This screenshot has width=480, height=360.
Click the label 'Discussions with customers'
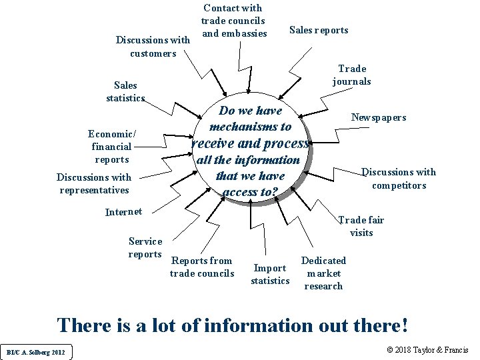(153, 46)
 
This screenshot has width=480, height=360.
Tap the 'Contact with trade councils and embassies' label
(233, 21)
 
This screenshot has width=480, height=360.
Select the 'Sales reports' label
(318, 30)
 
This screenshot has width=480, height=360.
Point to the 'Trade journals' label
(352, 75)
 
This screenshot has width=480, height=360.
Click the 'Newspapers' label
(379, 117)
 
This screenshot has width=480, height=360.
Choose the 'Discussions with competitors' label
(399, 179)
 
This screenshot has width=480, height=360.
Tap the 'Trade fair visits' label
(361, 226)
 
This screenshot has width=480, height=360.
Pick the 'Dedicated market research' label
(323, 273)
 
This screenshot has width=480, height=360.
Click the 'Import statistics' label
(270, 274)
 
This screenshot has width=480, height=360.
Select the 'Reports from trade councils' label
(202, 267)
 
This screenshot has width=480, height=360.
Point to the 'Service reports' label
(145, 247)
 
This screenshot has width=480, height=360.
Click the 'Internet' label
(124, 212)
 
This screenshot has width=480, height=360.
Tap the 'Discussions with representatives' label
(94, 183)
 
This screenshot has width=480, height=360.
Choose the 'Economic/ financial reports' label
(111, 146)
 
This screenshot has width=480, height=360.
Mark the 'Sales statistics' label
(126, 91)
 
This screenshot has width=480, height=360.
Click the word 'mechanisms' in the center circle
(244, 127)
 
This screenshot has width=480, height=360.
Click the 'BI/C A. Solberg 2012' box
(36, 352)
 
